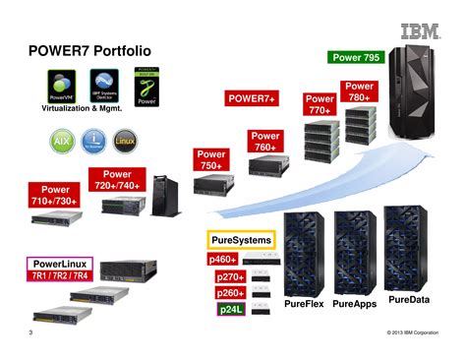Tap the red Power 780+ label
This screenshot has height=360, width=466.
coord(359,92)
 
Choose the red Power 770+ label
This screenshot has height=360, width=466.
coord(320,104)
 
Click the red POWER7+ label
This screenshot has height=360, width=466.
coord(253,98)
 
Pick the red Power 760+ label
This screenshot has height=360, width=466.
coord(265,142)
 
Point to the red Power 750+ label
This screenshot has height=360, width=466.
coord(211,160)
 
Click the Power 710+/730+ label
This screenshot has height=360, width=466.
coord(55,195)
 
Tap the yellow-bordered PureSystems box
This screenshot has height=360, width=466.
coord(241,239)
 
